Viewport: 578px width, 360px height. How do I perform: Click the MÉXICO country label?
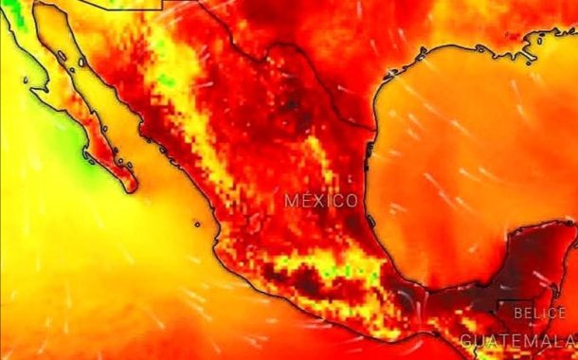tap(322, 201)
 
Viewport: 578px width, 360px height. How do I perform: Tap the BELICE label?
tap(539, 312)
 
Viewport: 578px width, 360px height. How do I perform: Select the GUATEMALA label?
tap(518, 341)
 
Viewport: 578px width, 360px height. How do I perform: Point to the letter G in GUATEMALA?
tap(466, 341)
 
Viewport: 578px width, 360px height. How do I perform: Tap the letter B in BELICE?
tap(517, 312)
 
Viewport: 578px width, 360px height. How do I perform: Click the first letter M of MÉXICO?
tap(291, 201)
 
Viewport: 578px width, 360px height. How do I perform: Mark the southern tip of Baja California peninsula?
tap(126, 179)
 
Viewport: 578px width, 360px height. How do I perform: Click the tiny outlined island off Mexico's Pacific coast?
tap(197, 225)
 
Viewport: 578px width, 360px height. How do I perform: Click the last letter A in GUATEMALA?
tap(570, 341)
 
